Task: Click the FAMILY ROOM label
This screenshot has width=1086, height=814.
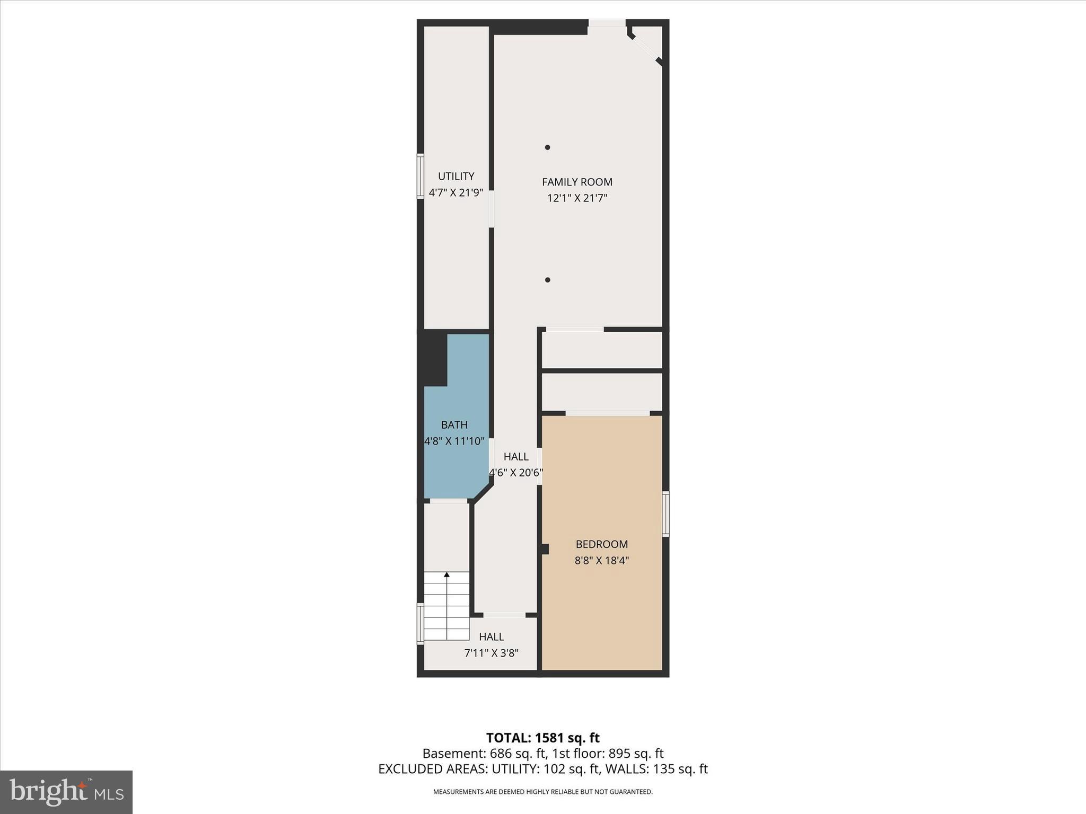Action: (577, 182)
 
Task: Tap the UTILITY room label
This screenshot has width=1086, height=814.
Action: (456, 176)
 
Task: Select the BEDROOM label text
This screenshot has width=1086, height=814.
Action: (601, 544)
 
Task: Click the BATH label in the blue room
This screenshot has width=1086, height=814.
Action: (454, 424)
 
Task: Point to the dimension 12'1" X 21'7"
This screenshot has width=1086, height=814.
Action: (577, 198)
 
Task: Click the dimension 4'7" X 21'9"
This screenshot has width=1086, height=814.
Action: (456, 192)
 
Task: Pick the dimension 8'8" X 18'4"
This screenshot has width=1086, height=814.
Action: (601, 560)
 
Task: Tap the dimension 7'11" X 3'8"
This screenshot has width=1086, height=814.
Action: (491, 653)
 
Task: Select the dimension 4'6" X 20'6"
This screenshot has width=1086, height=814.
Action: (515, 472)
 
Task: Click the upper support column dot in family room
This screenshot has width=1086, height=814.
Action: (547, 147)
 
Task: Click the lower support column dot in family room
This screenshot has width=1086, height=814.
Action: (547, 280)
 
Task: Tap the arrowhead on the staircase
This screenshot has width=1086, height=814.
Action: (446, 574)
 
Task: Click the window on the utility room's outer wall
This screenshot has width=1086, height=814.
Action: (420, 176)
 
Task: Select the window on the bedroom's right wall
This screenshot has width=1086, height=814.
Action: (666, 514)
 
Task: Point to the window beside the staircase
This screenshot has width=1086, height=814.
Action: (420, 623)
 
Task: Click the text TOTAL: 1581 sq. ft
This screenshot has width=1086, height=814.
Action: (542, 738)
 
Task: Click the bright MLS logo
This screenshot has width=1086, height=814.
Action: (66, 792)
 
